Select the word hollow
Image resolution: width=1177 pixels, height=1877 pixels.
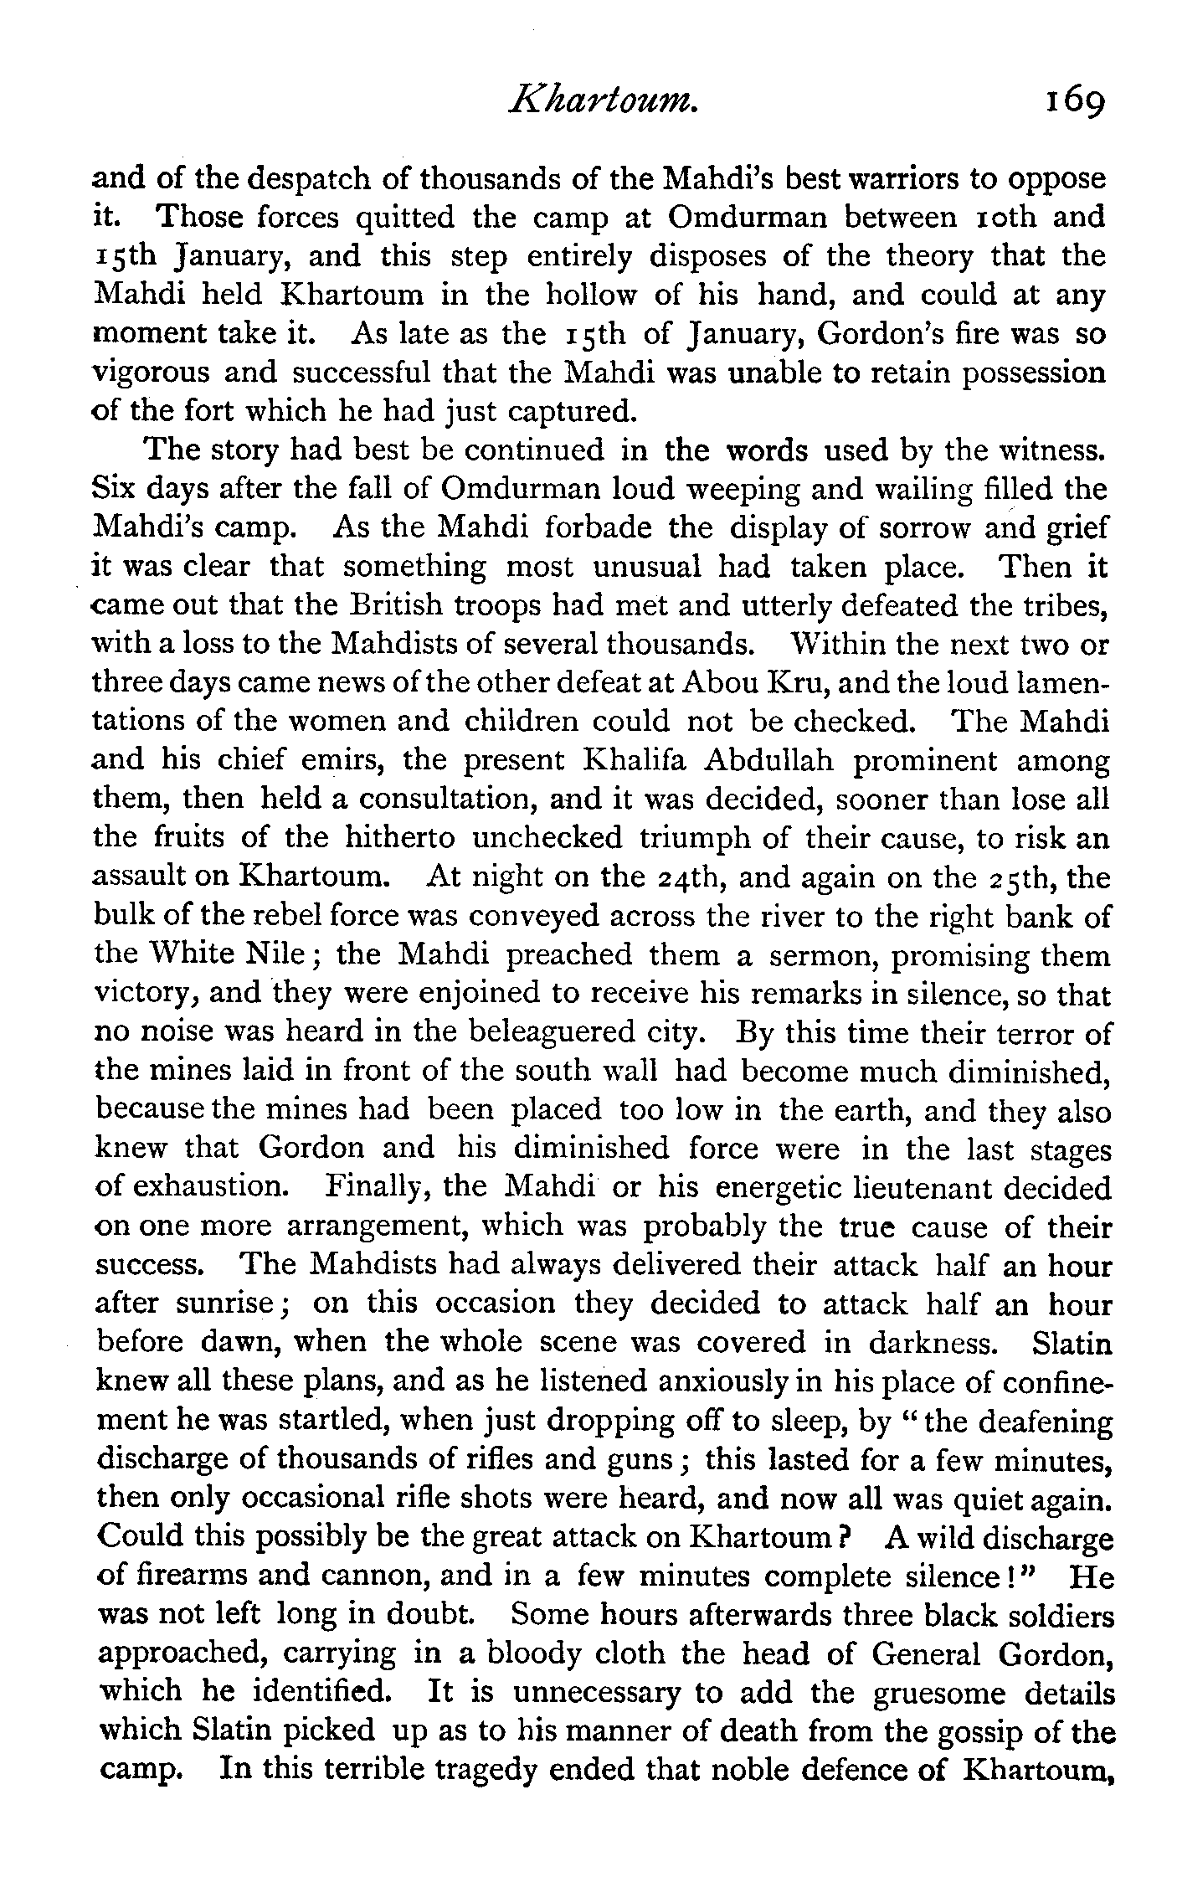tap(595, 296)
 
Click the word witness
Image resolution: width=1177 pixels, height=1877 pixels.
tap(1050, 450)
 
